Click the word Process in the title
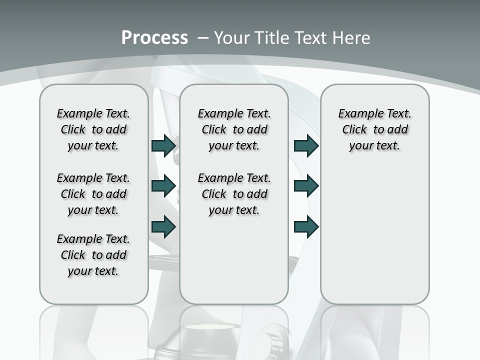click(154, 37)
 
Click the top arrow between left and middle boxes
click(163, 145)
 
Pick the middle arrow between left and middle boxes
click(163, 186)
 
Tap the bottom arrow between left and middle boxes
click(163, 226)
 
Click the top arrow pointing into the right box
click(306, 145)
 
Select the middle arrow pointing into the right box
click(306, 186)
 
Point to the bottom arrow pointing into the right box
click(306, 226)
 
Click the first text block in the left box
click(93, 129)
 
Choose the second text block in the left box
click(93, 194)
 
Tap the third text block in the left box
click(93, 255)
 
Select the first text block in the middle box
click(234, 129)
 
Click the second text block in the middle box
click(234, 194)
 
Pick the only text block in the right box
click(374, 129)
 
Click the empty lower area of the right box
click(374, 235)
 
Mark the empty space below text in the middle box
click(234, 260)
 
